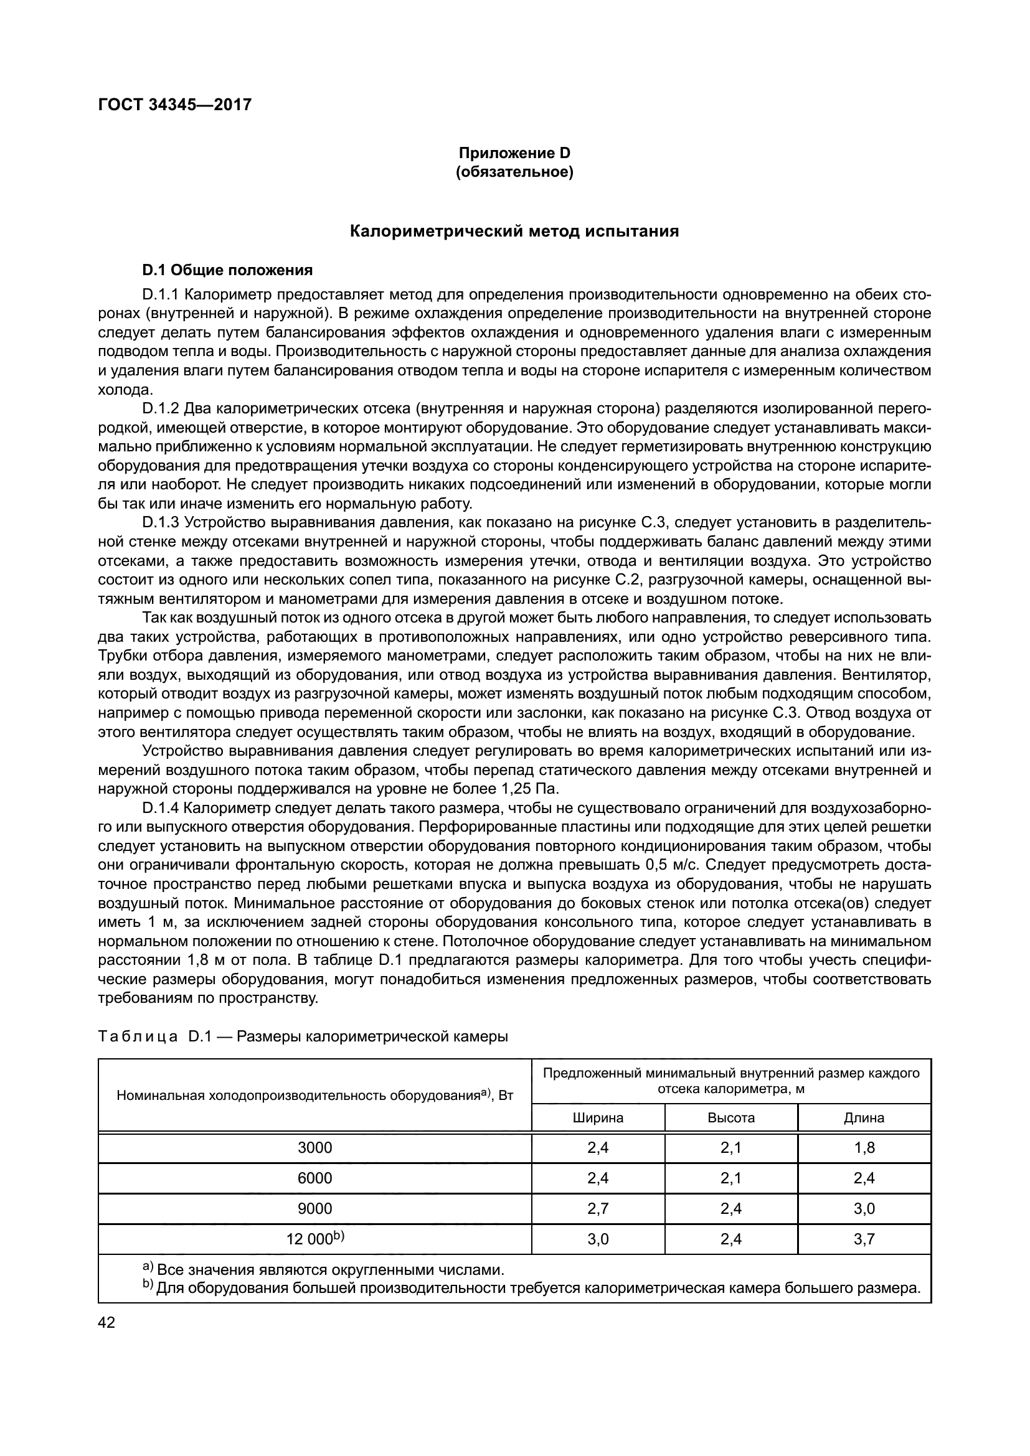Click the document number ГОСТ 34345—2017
pyautogui.click(x=175, y=105)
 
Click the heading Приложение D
pyautogui.click(x=514, y=153)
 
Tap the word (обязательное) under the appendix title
pyautogui.click(x=514, y=172)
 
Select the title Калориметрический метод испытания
pyautogui.click(x=514, y=232)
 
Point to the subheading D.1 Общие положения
pyautogui.click(x=228, y=271)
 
